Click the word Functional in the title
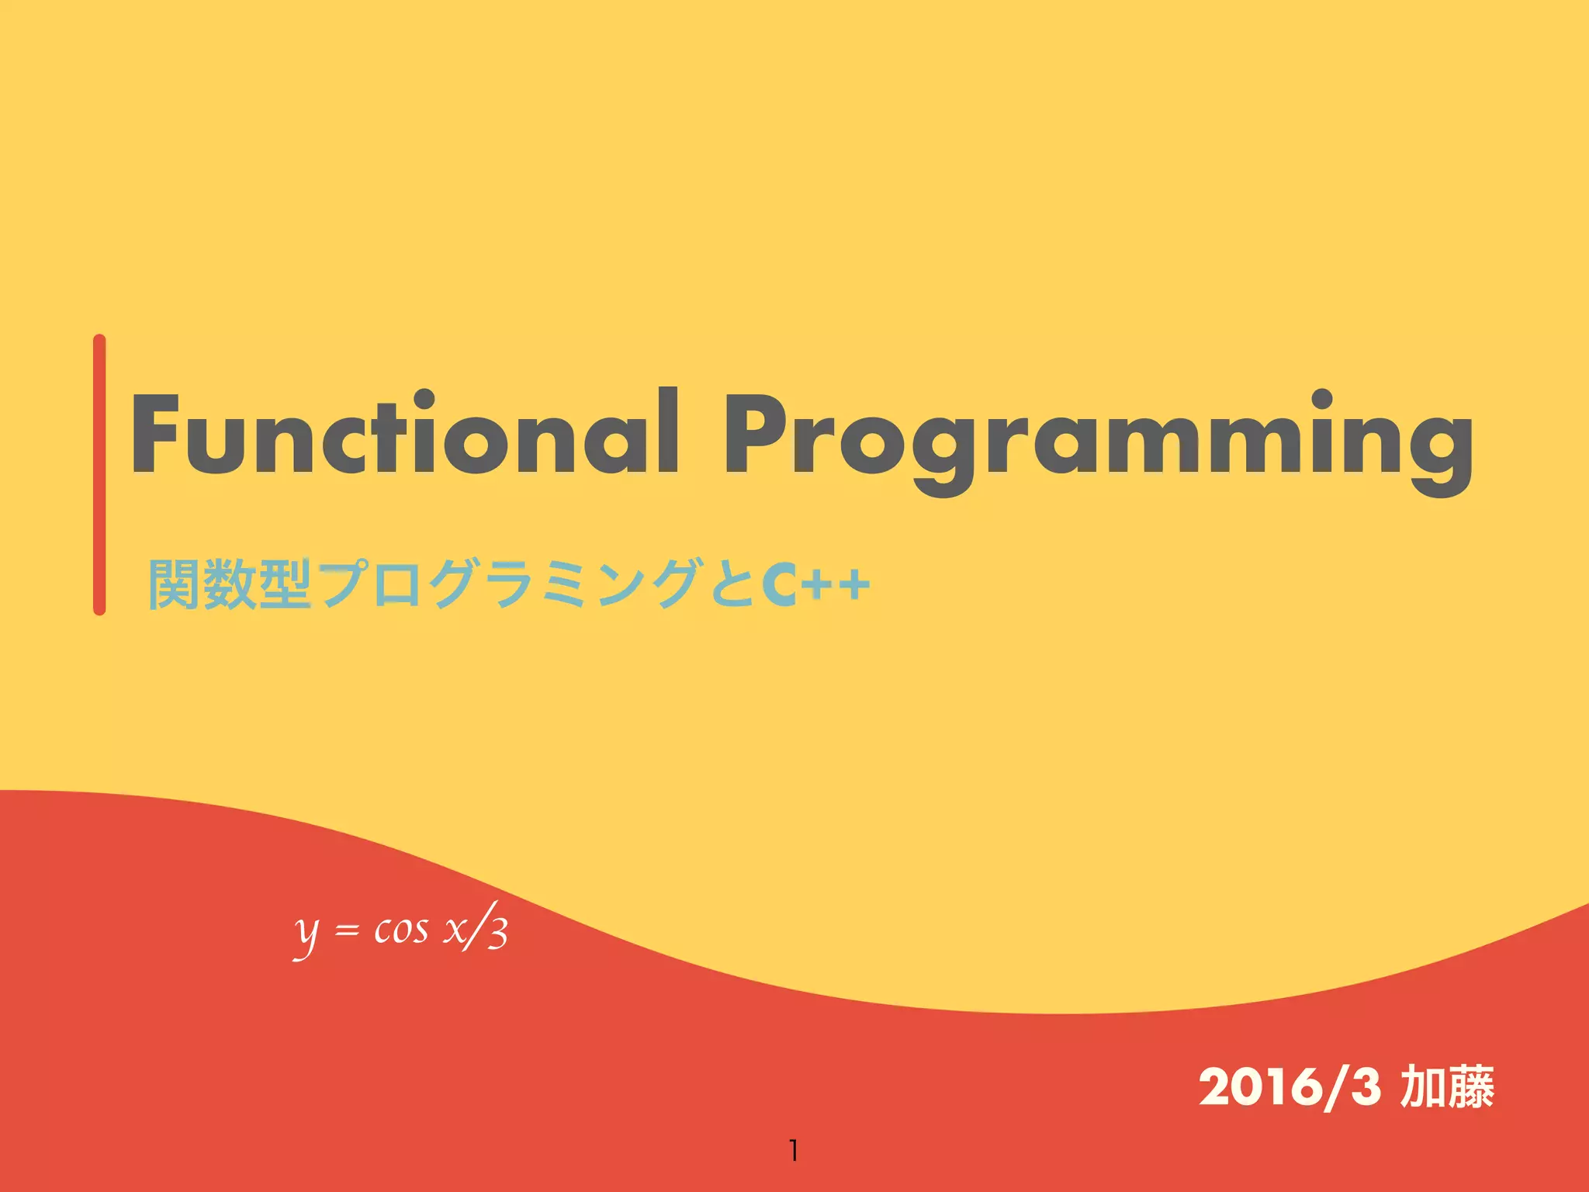403,435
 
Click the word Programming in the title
1098,438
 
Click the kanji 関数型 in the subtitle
230,584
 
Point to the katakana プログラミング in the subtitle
508,584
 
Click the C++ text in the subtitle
815,584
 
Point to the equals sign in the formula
347,930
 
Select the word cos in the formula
400,930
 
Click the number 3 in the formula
498,934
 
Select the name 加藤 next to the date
1447,1086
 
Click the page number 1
793,1150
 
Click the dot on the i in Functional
424,400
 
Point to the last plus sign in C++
854,584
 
